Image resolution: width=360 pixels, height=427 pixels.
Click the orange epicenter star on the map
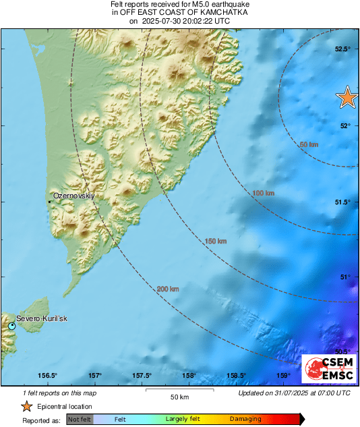tap(347, 97)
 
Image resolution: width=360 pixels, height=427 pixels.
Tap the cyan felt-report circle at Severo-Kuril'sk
tap(12, 326)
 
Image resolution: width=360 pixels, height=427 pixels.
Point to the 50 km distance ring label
tap(309, 144)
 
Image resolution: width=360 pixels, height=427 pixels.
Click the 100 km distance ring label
tap(263, 194)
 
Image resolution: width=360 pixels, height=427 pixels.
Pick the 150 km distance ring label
tap(216, 241)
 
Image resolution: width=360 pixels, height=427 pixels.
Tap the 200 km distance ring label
tap(168, 289)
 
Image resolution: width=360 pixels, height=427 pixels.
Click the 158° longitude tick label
tap(189, 376)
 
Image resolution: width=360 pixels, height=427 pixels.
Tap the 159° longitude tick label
tap(282, 376)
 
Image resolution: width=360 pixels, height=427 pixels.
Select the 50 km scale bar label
tap(179, 396)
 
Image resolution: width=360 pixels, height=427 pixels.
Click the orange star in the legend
tap(26, 406)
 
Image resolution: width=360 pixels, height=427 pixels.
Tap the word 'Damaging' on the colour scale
tap(245, 419)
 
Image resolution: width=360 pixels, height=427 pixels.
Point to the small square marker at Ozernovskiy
tap(49, 200)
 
